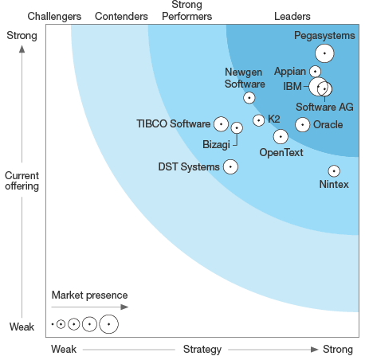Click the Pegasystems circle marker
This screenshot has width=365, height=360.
click(324, 53)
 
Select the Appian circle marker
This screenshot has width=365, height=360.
click(316, 72)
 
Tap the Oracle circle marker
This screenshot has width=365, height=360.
click(302, 124)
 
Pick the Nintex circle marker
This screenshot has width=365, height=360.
click(334, 170)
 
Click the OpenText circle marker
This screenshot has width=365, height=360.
click(281, 136)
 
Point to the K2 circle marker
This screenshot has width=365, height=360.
click(258, 120)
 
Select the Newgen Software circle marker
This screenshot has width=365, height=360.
click(249, 98)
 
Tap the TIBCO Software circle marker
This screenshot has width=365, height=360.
click(221, 123)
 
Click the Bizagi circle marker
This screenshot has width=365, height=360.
click(237, 127)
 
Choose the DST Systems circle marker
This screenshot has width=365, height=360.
click(230, 166)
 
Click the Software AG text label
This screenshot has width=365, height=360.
click(324, 107)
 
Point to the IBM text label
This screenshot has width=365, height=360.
click(292, 85)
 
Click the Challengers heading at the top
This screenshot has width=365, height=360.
click(54, 16)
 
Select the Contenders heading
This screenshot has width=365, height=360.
click(121, 16)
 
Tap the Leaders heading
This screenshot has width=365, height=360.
click(292, 16)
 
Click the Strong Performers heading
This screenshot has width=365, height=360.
click(192, 11)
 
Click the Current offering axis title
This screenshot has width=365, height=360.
click(22, 181)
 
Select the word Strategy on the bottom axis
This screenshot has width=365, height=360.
click(202, 349)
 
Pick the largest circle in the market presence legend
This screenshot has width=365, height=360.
click(108, 324)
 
